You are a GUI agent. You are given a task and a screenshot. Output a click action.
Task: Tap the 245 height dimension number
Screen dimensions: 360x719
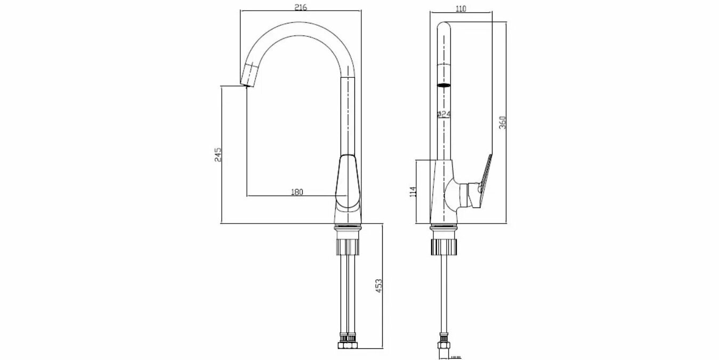click(217, 155)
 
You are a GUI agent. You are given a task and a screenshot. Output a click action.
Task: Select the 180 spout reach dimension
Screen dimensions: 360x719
click(297, 193)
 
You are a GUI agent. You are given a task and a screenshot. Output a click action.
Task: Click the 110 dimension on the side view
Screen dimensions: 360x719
click(461, 8)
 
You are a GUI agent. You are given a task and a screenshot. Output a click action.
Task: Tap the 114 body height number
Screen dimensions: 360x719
click(413, 191)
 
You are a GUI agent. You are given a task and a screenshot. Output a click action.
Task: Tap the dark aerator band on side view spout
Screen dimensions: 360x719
click(444, 85)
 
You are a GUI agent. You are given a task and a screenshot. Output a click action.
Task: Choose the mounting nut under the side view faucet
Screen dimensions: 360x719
click(443, 246)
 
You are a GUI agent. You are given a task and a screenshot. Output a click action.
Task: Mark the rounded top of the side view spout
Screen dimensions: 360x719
click(444, 26)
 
